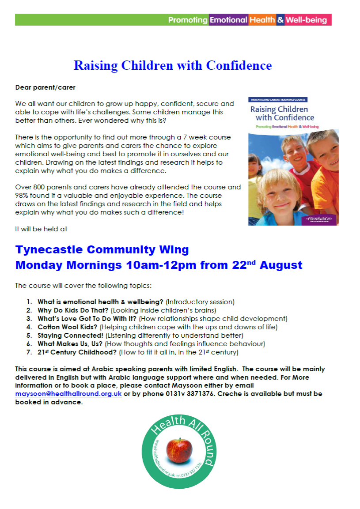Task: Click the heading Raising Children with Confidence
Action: click(x=173, y=66)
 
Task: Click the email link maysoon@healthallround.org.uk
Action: click(x=68, y=394)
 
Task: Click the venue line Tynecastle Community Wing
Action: click(x=102, y=250)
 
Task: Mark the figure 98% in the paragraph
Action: click(x=23, y=195)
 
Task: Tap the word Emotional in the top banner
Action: click(x=228, y=20)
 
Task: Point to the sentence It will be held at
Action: click(x=41, y=230)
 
